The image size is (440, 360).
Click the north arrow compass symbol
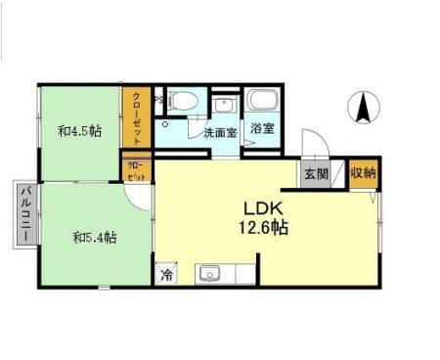(363, 107)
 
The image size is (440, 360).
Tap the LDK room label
(263, 207)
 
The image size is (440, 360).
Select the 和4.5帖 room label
(79, 130)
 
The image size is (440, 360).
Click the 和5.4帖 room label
(95, 236)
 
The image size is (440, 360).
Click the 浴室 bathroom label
(261, 128)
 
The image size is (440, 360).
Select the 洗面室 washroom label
(219, 132)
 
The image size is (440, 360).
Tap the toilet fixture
(185, 101)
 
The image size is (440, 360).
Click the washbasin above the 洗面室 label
(224, 105)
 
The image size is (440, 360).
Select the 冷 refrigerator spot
(167, 275)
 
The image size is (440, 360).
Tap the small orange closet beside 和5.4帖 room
(136, 171)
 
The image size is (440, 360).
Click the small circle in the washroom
(166, 124)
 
